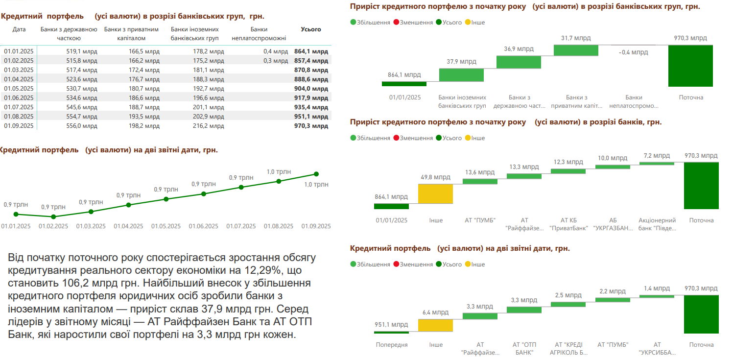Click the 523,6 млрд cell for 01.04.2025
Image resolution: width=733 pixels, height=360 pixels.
tap(82, 79)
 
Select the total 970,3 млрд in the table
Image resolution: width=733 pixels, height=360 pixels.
tap(311, 126)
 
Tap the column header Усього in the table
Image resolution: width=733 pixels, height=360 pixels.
tap(311, 29)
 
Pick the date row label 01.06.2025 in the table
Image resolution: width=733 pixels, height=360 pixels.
tap(19, 98)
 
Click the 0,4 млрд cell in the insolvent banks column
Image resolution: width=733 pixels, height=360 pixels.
tap(276, 51)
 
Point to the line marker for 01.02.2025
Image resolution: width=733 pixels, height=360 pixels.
tap(53, 216)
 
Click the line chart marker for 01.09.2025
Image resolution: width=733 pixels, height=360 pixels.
tap(316, 174)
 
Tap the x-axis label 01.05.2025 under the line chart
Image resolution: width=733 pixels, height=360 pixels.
tap(166, 226)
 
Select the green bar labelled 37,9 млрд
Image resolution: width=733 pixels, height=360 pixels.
tap(461, 75)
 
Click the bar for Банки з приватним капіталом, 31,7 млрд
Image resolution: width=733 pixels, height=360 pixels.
tap(576, 50)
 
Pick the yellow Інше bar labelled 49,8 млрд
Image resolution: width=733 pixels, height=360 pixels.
tap(435, 194)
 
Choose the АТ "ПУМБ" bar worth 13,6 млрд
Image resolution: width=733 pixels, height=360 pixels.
tap(480, 181)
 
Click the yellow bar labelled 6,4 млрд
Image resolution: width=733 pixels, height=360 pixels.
tap(435, 325)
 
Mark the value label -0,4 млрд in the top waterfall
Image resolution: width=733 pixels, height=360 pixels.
tap(633, 52)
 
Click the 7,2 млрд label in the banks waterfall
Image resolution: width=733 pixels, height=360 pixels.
tap(657, 156)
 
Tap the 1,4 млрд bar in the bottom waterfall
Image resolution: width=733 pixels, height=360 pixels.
tap(657, 296)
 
